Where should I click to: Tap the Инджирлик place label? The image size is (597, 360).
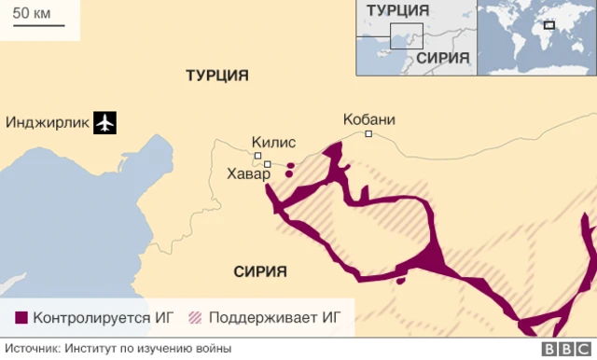(48, 122)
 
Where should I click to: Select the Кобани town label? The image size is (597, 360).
(369, 119)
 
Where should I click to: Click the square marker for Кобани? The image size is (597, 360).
(368, 134)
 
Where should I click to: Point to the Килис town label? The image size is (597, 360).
(273, 143)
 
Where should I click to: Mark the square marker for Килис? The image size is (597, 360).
(257, 156)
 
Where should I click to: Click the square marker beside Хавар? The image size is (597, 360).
(267, 165)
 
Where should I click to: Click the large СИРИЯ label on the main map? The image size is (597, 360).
(254, 271)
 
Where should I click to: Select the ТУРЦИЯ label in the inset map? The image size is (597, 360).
(398, 10)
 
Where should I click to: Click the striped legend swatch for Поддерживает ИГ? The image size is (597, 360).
(196, 318)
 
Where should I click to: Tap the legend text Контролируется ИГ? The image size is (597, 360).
(104, 318)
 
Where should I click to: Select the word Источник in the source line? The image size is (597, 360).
(32, 349)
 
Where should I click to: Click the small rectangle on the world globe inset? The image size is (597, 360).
(549, 25)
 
